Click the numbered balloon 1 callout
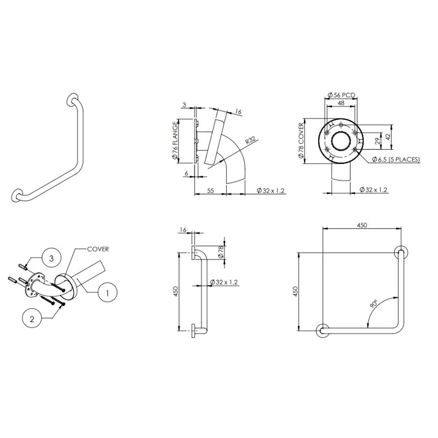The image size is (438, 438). pos(107,292)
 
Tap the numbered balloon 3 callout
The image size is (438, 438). pos(51,258)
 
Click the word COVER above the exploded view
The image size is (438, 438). pos(98,249)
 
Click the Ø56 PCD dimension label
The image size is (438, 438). pos(341,95)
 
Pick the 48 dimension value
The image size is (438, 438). pos(341,103)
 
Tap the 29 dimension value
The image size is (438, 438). pos(377,141)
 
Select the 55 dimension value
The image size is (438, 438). pos(210,190)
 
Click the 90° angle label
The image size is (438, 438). pos(374,304)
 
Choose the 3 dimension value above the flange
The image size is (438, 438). pos(184,105)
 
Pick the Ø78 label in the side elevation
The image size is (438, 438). pos(221,252)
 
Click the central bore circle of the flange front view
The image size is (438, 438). pos(341,140)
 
